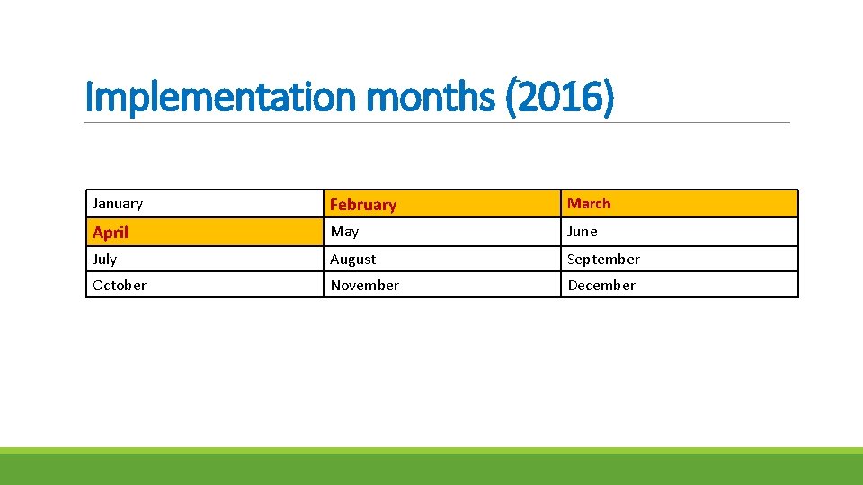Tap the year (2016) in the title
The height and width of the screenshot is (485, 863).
coord(560,97)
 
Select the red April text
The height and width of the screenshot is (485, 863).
coord(111,233)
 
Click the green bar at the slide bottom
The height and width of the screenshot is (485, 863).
coord(431,467)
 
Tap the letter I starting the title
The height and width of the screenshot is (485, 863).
coord(89,97)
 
